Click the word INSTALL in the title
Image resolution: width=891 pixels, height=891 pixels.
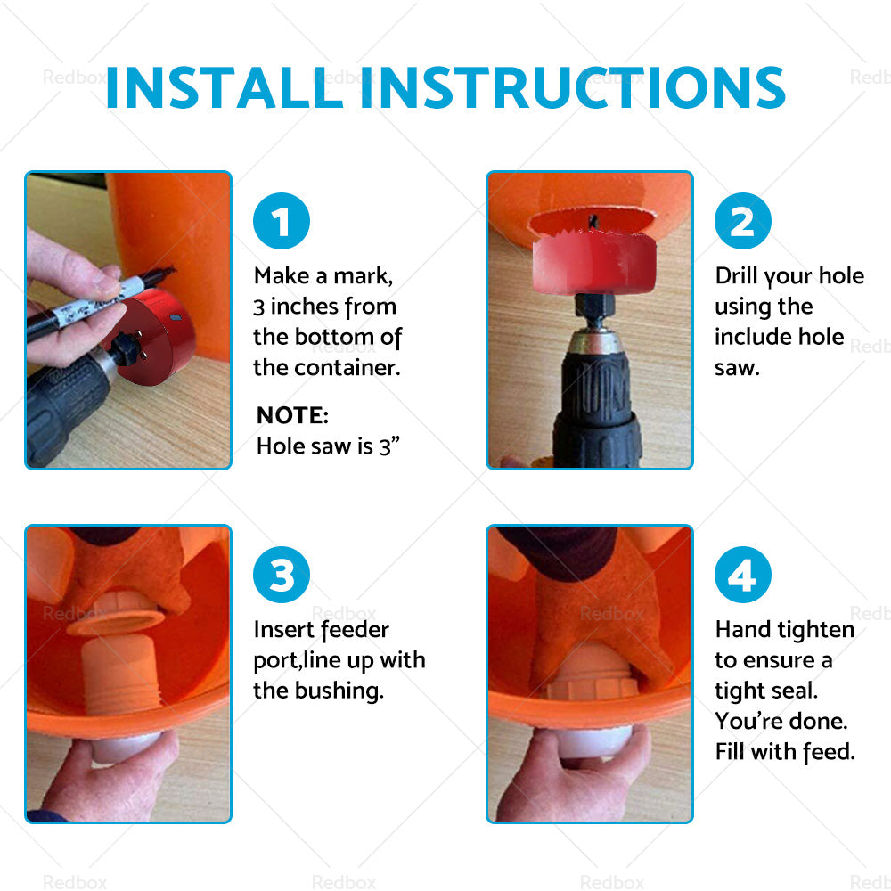point(224,87)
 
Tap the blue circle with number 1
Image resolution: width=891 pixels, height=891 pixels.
point(282,220)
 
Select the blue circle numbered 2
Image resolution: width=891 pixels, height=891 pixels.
point(743,220)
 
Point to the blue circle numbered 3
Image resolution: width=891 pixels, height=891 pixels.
point(282,575)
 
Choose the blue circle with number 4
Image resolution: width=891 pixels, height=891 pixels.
point(743,575)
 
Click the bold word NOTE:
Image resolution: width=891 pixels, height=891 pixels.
point(292,415)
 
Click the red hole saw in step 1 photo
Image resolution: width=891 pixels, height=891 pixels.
point(153,335)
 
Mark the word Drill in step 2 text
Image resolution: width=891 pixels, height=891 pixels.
point(737,276)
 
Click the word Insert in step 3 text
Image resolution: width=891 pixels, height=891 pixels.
point(285,630)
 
